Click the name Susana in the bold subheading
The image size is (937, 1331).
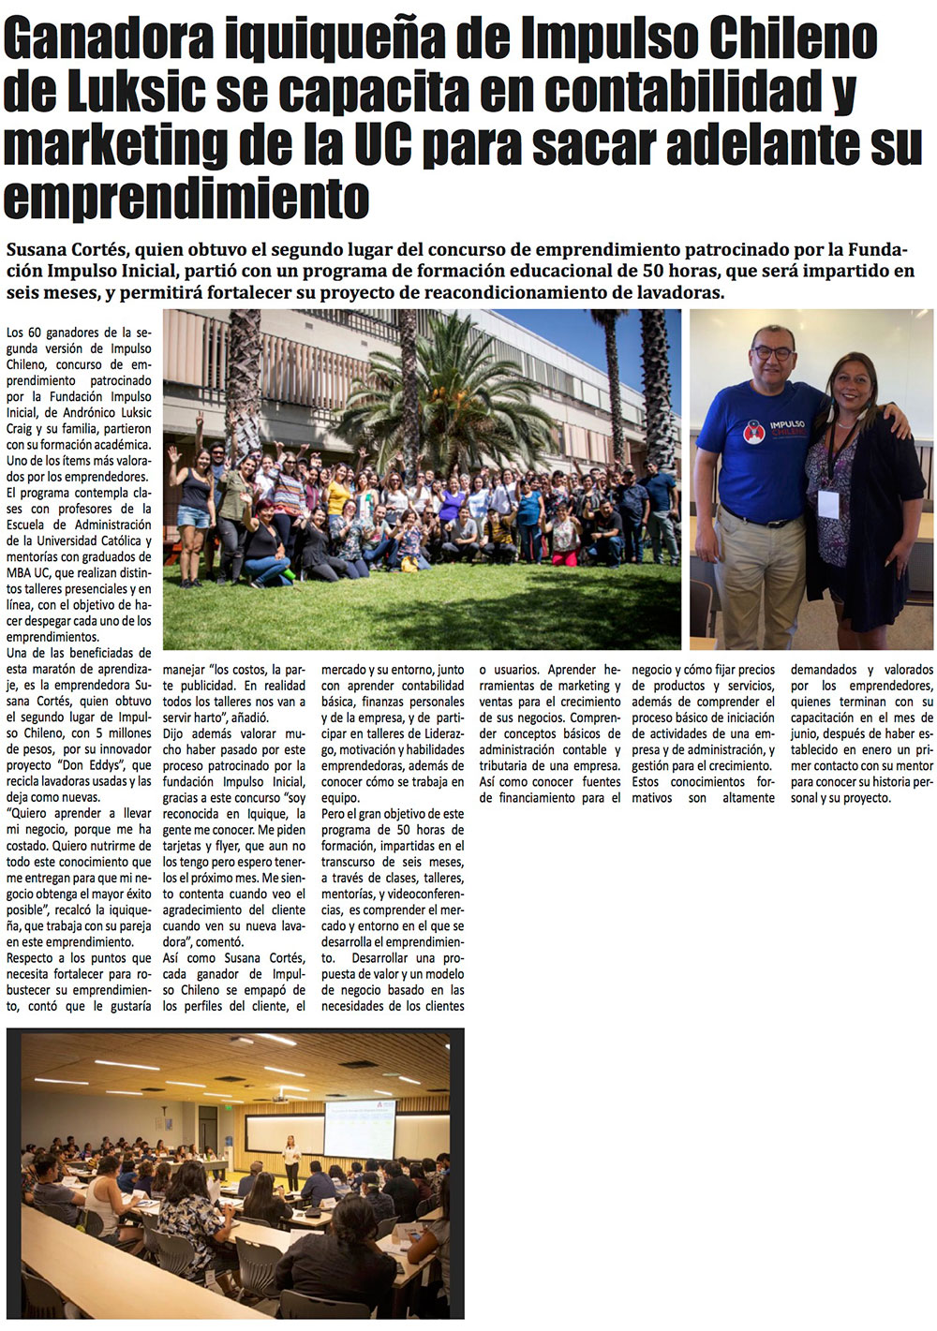[x=38, y=250]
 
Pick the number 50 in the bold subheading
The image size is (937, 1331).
[x=655, y=272]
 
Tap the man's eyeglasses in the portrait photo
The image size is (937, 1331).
[x=772, y=353]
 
